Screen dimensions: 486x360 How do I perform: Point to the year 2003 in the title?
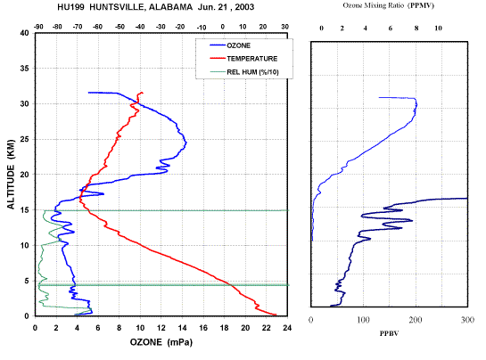pos(244,7)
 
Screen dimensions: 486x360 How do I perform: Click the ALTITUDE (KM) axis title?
pos(11,174)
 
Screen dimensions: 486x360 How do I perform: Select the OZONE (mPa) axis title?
pos(161,342)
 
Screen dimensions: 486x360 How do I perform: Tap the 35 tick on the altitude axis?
pos(24,68)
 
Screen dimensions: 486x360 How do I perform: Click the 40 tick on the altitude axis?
pos(24,33)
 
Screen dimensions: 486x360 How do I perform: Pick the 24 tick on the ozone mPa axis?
pos(287,328)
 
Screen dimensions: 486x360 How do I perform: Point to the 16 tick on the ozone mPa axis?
pos(203,328)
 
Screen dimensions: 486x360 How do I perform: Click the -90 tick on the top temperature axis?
pos(37,27)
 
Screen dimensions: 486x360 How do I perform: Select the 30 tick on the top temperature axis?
pos(284,27)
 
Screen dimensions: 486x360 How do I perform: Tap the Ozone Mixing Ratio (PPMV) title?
pos(389,5)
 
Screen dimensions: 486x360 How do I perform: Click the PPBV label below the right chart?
pos(390,333)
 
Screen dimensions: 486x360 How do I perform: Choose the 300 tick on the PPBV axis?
pos(467,320)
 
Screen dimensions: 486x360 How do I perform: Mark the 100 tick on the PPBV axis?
pos(363,320)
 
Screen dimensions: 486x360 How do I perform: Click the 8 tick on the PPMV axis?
pos(416,29)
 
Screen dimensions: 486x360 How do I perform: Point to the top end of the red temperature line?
pos(143,93)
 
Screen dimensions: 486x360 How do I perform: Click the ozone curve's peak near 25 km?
pos(186,143)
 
